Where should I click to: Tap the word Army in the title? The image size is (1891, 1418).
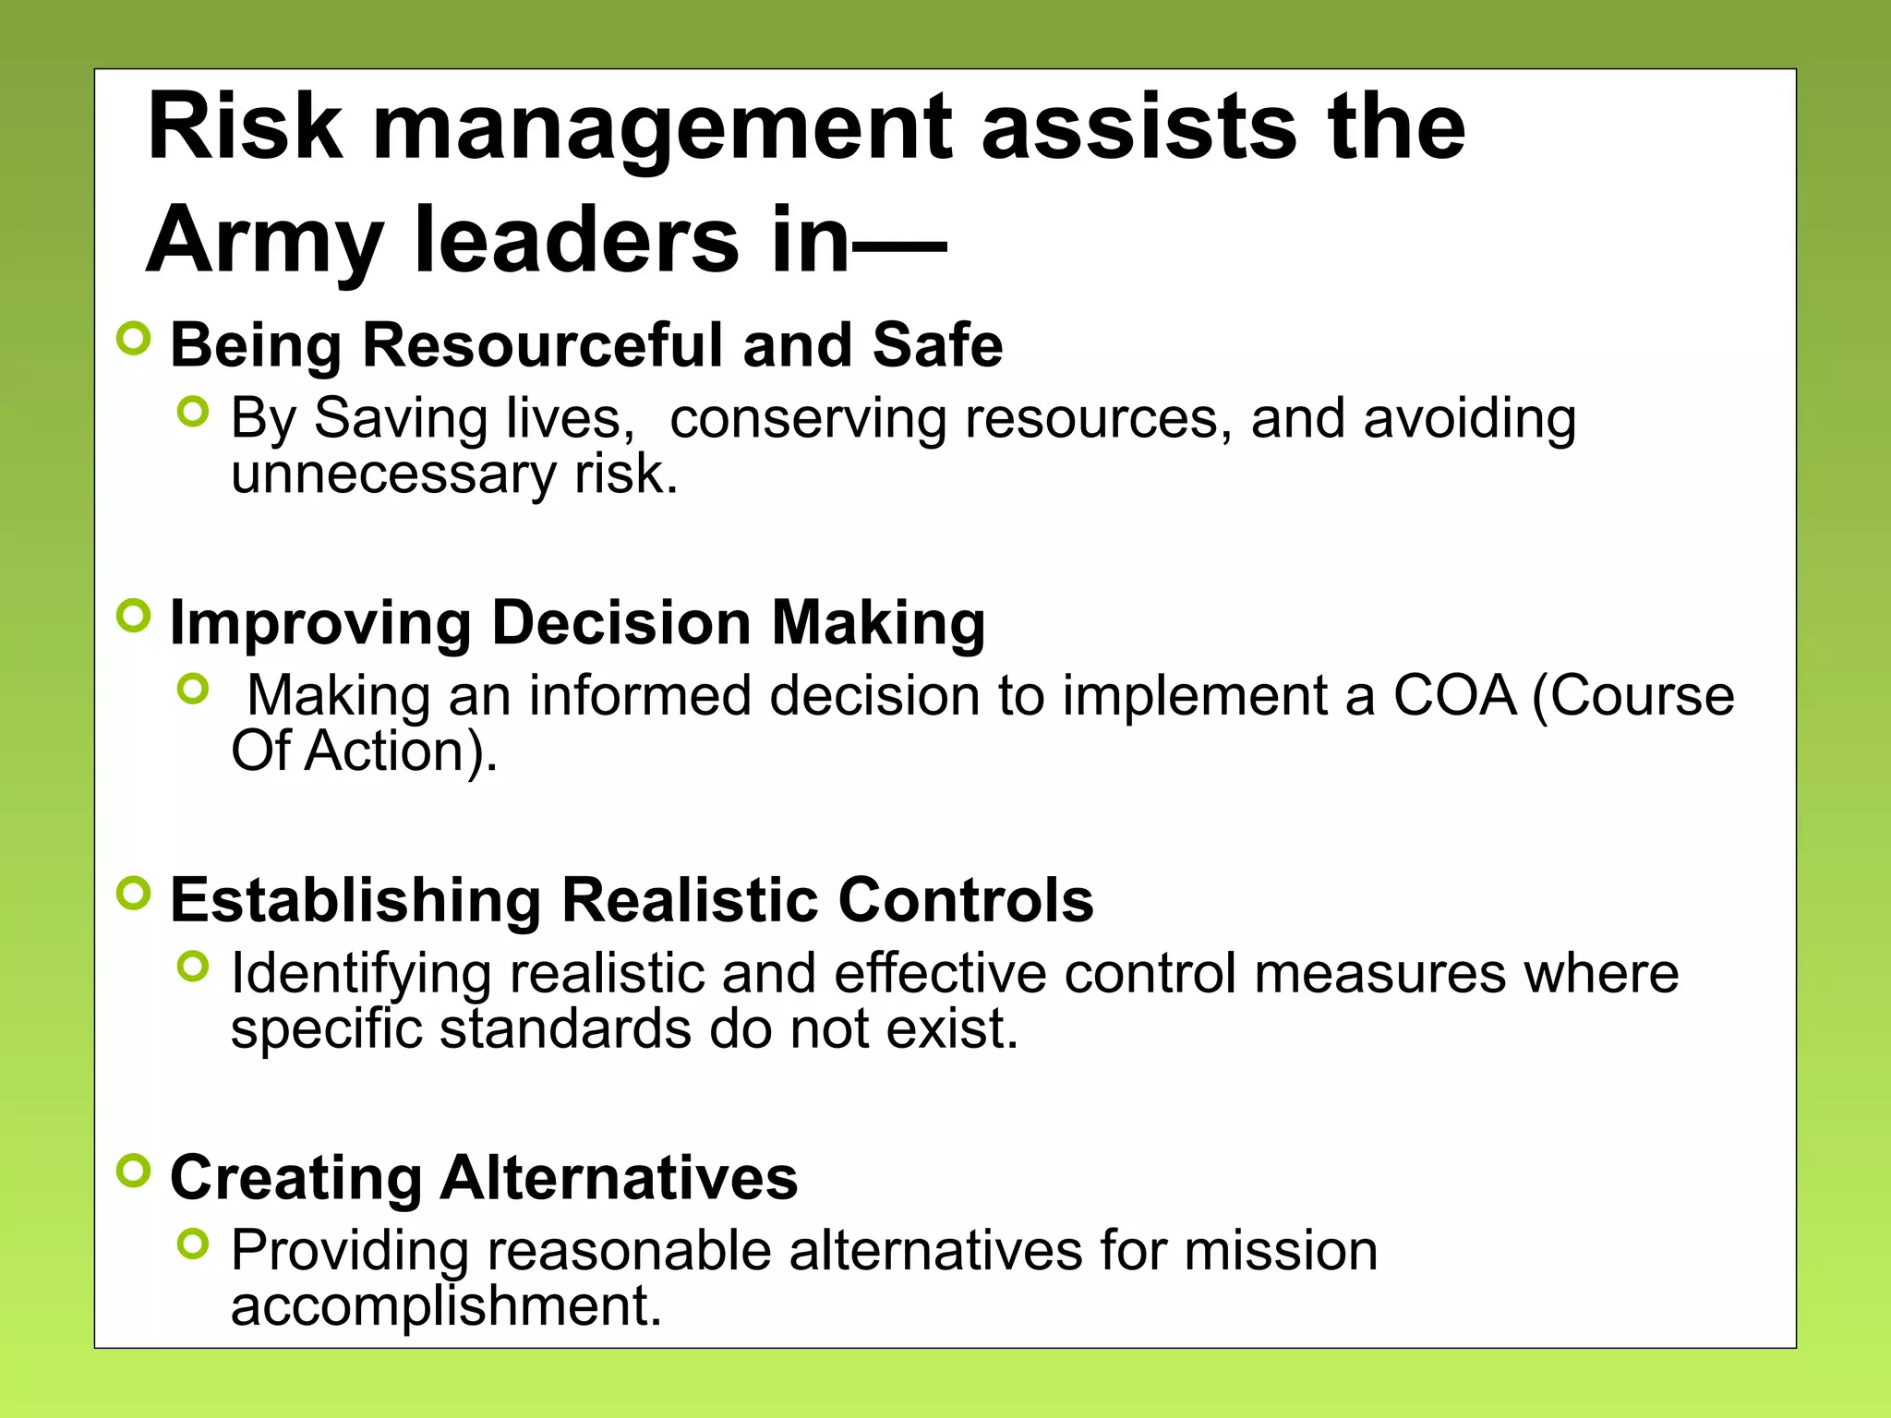(264, 242)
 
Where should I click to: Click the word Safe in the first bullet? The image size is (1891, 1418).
(937, 345)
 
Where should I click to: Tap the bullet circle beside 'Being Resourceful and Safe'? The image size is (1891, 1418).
(134, 339)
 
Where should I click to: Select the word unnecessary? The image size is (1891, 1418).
(393, 475)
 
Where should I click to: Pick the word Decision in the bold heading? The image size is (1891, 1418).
(620, 622)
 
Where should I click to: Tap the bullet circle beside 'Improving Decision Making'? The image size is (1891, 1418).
(134, 616)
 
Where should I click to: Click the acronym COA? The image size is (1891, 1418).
(1454, 695)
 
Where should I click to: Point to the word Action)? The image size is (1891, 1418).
(401, 751)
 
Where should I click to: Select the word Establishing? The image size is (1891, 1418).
(355, 901)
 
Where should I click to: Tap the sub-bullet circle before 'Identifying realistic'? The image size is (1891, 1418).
(193, 967)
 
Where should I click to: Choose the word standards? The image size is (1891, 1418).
(565, 1028)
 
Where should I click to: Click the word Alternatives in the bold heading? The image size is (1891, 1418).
(619, 1178)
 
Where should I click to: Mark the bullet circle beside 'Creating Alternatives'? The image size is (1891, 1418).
(134, 1171)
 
